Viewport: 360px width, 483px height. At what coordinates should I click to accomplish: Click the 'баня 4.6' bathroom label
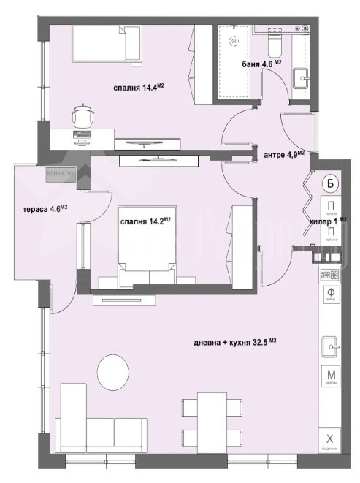tap(261, 64)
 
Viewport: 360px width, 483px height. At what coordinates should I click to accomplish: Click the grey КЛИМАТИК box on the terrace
tap(61, 174)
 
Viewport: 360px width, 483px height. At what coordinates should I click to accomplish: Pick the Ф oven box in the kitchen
tap(330, 295)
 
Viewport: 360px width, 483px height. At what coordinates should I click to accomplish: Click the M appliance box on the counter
tap(330, 377)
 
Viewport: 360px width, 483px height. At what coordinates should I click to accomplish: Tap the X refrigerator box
tap(330, 439)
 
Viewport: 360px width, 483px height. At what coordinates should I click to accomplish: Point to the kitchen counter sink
tap(330, 345)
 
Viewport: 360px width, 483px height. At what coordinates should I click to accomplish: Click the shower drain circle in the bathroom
tap(234, 42)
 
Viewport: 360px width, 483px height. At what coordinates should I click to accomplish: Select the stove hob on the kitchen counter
tap(330, 275)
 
